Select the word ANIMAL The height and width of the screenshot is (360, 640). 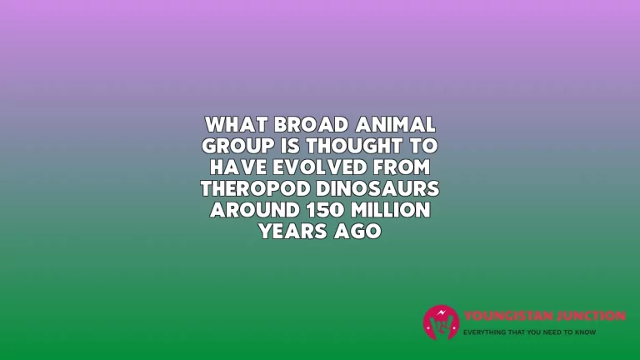coord(396,124)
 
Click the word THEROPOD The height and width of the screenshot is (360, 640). coord(256,188)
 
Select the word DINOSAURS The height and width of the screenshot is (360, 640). coord(377,188)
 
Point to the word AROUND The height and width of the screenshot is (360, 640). coord(255,209)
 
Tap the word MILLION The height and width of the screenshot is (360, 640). coord(391,209)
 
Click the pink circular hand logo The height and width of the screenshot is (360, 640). coord(441,322)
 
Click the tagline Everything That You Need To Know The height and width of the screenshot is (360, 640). coord(529,332)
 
